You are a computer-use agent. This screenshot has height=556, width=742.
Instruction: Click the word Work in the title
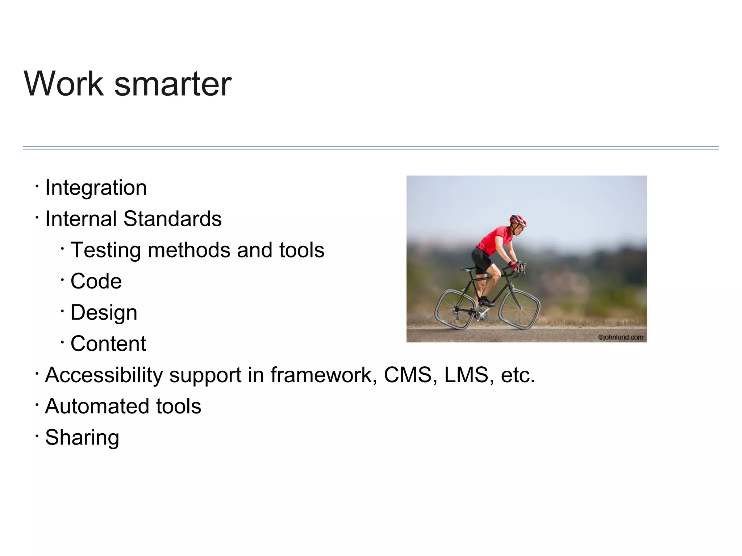[64, 84]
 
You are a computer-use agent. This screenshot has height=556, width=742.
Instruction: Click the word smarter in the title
[173, 84]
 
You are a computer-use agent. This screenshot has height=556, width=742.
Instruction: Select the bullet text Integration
[96, 188]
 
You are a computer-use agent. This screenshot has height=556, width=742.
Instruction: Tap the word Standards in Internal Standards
[172, 219]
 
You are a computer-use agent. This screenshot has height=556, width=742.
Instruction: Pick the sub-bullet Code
[96, 281]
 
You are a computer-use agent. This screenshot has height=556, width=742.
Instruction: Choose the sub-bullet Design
[104, 313]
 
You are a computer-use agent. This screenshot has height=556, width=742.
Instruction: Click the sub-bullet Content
[108, 344]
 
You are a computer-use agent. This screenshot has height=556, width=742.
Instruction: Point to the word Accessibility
[104, 375]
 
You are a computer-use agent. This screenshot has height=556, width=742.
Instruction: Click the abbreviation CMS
[408, 375]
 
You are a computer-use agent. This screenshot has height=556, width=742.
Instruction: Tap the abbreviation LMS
[467, 375]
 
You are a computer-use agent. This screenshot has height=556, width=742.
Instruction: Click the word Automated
[97, 406]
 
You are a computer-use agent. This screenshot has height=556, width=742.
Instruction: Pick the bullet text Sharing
[82, 437]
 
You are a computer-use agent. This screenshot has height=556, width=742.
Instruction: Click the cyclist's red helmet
[518, 219]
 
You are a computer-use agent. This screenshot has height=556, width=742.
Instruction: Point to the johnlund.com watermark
[620, 337]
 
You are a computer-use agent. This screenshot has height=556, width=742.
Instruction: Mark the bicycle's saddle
[468, 269]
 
